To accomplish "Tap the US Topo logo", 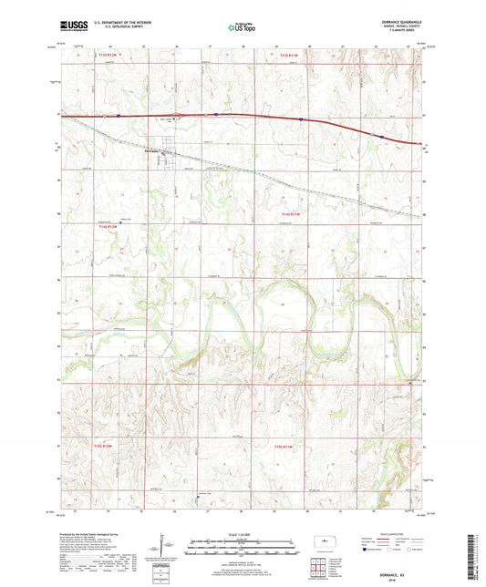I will tap(242, 28).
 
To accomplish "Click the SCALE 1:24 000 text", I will tap(242, 533).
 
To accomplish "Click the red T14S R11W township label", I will tap(288, 215).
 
